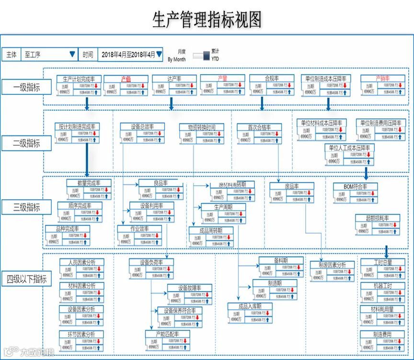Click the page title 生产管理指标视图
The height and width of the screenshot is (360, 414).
[x=207, y=20]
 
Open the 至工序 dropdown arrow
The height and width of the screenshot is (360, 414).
[x=72, y=55]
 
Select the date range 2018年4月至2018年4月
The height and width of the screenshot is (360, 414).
[x=128, y=55]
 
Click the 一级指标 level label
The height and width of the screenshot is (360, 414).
[x=26, y=87]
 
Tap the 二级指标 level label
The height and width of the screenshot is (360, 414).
[x=26, y=143]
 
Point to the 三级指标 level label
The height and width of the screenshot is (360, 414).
[x=26, y=208]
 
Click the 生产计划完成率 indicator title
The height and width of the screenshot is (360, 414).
[x=79, y=79]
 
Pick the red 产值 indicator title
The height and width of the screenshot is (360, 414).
[x=126, y=79]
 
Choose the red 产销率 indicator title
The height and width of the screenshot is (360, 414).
[x=382, y=79]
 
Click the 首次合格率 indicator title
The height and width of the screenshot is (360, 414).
[x=259, y=127]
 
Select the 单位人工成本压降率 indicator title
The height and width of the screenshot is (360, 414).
[x=349, y=147]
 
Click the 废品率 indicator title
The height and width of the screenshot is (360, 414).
[x=291, y=186]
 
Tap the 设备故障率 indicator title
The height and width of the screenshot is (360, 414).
[x=189, y=288]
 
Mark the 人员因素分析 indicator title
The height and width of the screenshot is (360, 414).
[x=81, y=262]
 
